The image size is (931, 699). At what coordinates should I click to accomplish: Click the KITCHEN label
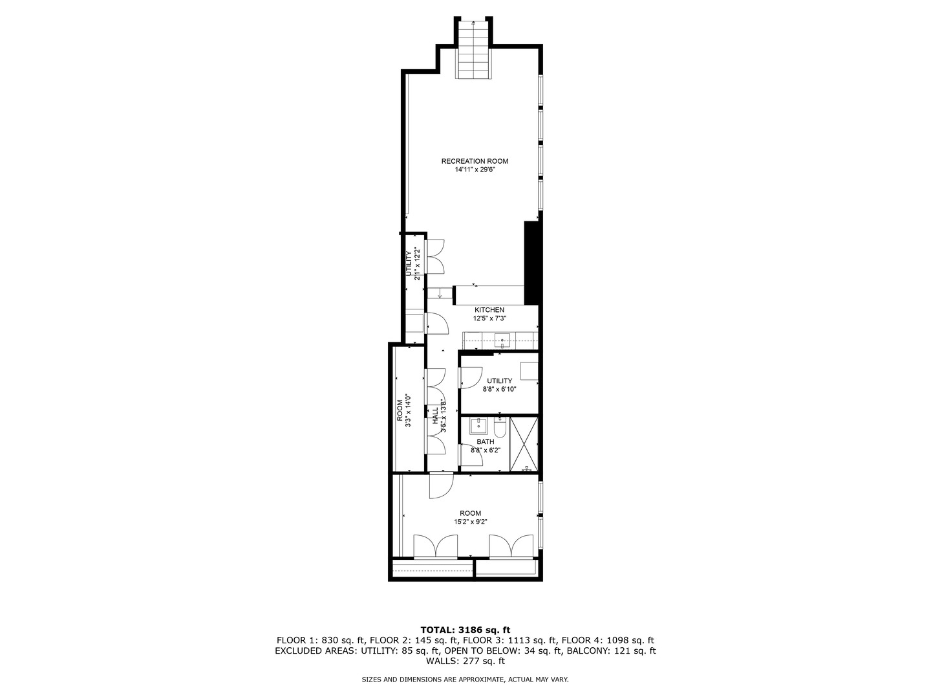[x=489, y=310]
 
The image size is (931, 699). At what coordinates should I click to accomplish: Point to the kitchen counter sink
[x=502, y=339]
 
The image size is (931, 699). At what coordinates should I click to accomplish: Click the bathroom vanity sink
[x=478, y=426]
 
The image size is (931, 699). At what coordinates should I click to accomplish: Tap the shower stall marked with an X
[x=524, y=445]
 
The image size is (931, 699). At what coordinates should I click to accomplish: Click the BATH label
[x=486, y=442]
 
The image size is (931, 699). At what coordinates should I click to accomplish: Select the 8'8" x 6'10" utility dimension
[x=499, y=390]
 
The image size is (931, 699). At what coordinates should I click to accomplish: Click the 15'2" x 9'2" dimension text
[x=471, y=522]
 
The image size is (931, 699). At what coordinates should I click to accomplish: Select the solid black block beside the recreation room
[x=531, y=263]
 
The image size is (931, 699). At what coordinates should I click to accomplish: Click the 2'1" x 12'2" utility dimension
[x=418, y=263]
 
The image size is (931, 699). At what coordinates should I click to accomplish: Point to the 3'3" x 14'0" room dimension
[x=409, y=411]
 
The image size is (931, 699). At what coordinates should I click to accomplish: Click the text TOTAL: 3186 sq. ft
[x=465, y=629]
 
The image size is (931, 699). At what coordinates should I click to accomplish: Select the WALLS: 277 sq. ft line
[x=465, y=661]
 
